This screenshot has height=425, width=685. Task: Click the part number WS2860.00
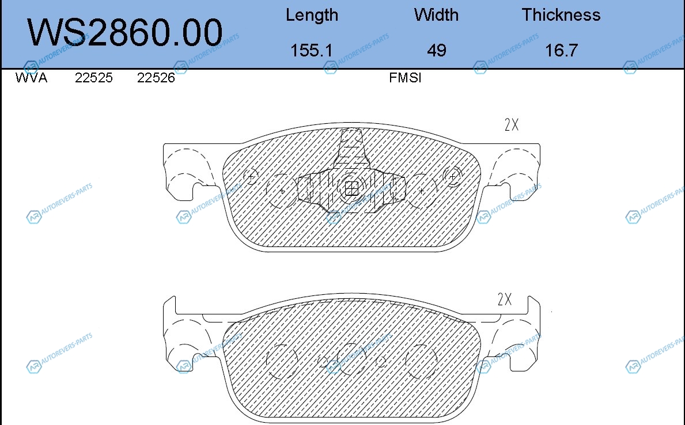pos(125,32)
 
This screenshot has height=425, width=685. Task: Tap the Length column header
pos(312,16)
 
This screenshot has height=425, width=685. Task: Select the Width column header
pos(437,15)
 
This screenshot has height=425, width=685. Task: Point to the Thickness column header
pos(561,15)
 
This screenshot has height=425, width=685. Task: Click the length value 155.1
pos(312,50)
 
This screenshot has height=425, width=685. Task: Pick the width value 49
pos(437,50)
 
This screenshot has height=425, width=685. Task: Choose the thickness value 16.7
pos(561,50)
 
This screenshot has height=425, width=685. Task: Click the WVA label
pos(31,78)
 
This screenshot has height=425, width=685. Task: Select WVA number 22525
pos(94,78)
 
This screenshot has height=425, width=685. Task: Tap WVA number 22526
pos(156,78)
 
